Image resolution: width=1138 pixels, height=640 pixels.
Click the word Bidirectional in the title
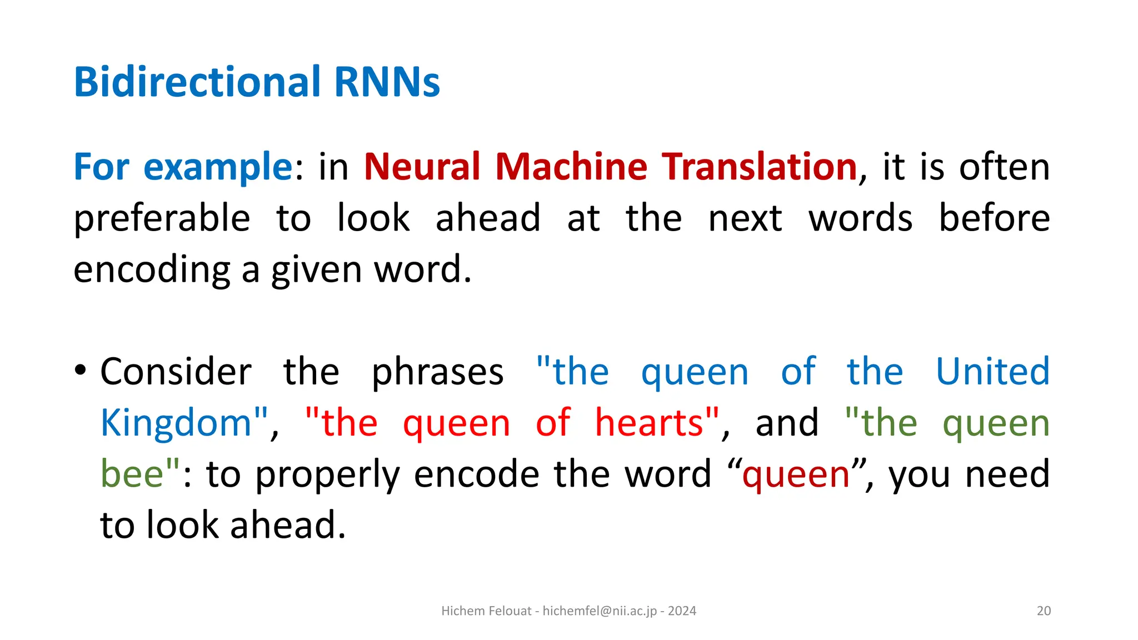(x=197, y=82)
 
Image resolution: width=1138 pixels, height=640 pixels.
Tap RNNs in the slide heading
(x=387, y=82)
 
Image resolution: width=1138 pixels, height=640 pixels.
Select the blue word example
(x=217, y=167)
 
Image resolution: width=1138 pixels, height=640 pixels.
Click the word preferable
(x=162, y=218)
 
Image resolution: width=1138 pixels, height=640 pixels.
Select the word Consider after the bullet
(x=176, y=372)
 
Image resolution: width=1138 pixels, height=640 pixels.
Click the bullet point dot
(x=81, y=369)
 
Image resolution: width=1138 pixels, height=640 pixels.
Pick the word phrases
(x=437, y=373)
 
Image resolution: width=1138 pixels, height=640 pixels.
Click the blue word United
(x=992, y=372)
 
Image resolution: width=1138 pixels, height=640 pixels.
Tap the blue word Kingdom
(x=177, y=423)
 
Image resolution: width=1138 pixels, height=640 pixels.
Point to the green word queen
(x=996, y=424)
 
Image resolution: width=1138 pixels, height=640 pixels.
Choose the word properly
(x=327, y=476)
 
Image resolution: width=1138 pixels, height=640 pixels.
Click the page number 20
(x=1044, y=611)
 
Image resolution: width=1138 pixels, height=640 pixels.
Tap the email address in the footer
(x=600, y=611)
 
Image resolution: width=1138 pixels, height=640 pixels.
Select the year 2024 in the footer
(x=682, y=611)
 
